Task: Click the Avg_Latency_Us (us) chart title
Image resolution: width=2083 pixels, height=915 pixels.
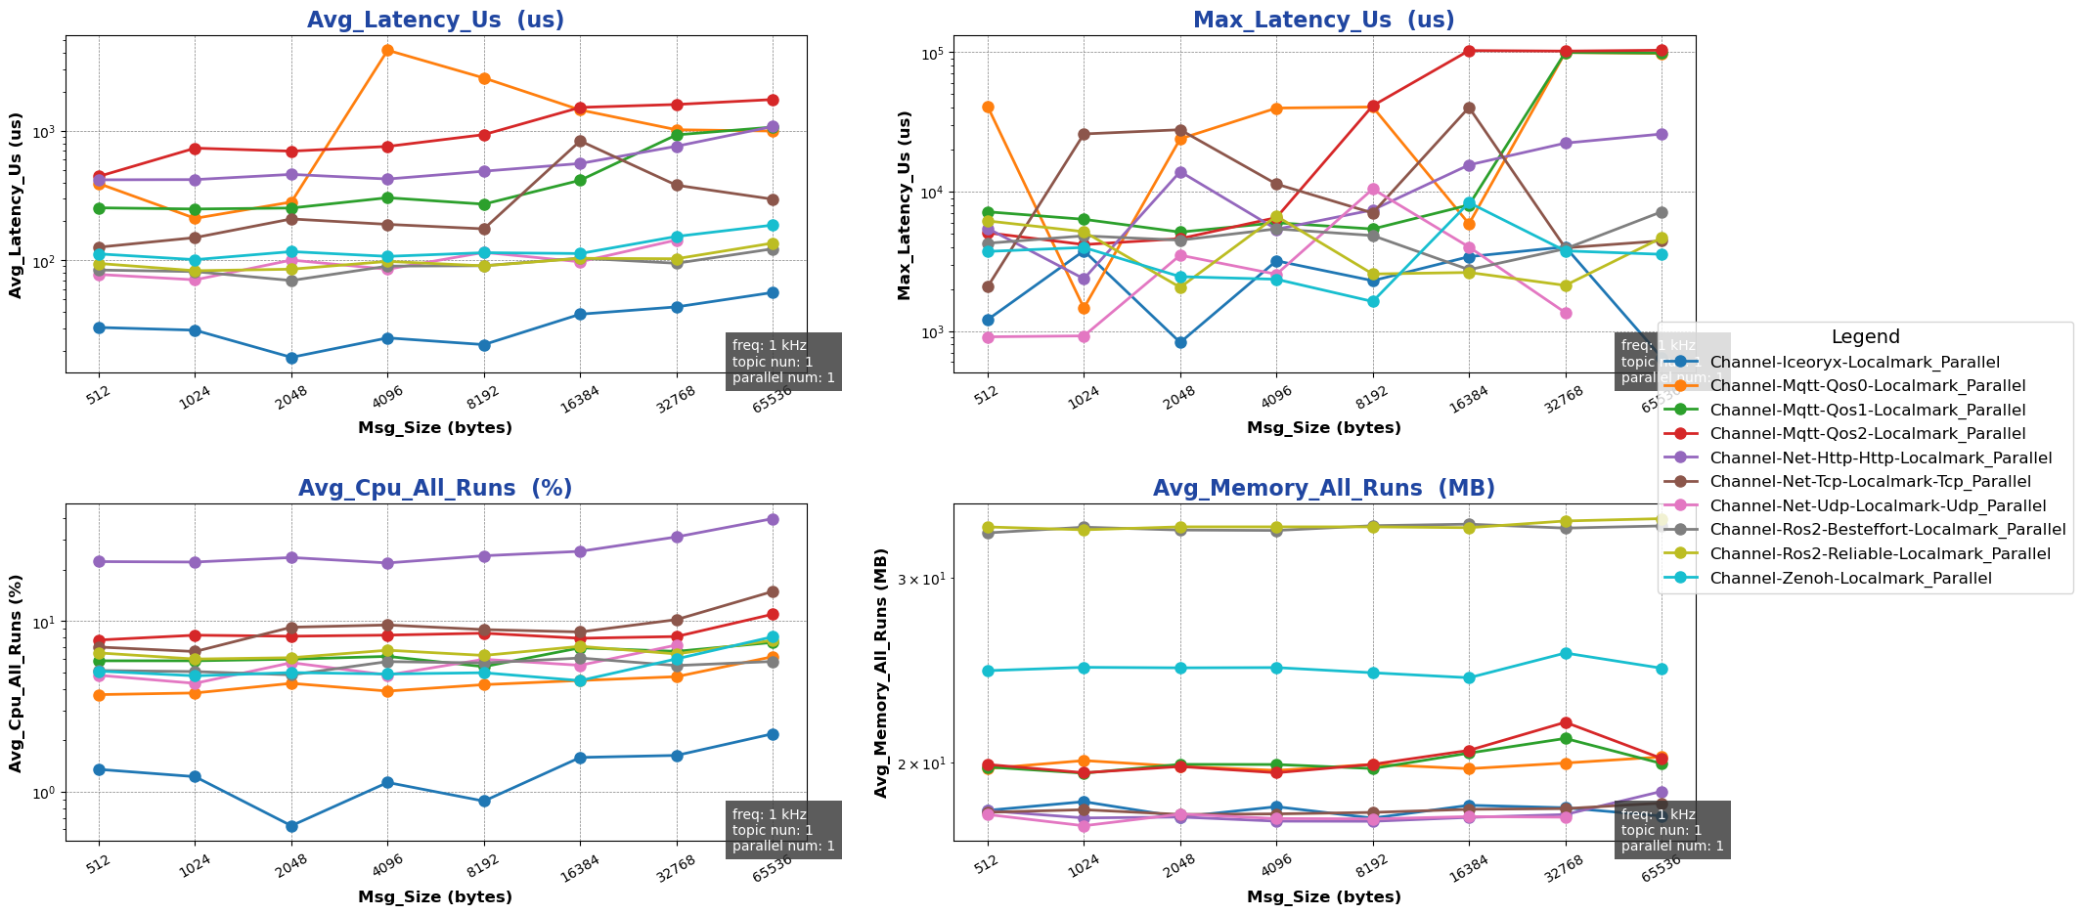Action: click(x=435, y=21)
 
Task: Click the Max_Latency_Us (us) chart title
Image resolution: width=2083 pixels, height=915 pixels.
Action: click(x=1323, y=21)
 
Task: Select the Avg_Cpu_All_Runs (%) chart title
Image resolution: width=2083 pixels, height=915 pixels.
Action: click(x=435, y=489)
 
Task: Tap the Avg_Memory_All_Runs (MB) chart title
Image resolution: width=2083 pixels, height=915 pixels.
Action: click(x=1323, y=489)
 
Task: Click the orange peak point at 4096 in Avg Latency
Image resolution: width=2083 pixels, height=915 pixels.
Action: click(x=387, y=50)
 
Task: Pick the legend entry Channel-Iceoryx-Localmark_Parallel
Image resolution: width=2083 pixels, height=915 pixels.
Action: click(x=1854, y=363)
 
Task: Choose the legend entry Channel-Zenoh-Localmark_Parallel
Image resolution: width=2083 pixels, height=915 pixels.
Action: click(x=1850, y=579)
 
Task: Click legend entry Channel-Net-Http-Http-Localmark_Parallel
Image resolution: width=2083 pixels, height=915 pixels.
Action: click(x=1881, y=458)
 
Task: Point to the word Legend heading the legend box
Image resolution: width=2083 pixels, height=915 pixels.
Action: click(x=1865, y=337)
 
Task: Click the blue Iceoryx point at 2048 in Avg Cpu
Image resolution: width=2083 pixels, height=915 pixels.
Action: click(x=291, y=826)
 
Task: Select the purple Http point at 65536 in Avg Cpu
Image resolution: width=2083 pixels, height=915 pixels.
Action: click(x=773, y=519)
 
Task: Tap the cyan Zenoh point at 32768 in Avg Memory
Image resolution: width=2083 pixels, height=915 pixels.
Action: click(x=1566, y=653)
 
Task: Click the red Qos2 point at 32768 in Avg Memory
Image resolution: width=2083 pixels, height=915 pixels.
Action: click(x=1566, y=722)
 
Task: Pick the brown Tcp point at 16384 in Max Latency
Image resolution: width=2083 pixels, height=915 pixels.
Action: click(x=1469, y=108)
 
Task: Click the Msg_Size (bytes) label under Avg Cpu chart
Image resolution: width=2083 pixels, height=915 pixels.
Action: click(x=435, y=897)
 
